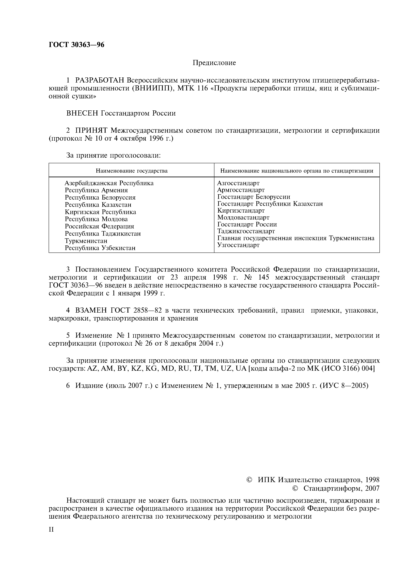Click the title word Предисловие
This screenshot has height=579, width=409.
tap(214, 63)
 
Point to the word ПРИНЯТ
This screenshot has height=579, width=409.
tap(92, 130)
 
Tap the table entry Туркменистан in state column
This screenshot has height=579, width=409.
tap(86, 241)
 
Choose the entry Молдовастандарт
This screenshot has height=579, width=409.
tap(243, 217)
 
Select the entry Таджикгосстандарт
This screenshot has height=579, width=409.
tap(246, 231)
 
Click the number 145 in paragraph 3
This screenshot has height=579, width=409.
tap(264, 278)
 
